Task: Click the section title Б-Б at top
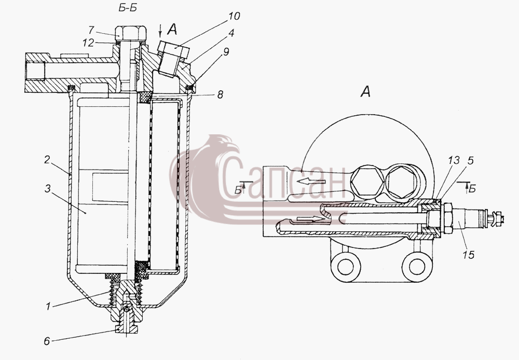click(x=128, y=8)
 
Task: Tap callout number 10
click(x=234, y=16)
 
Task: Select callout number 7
click(x=91, y=30)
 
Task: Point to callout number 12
click(x=88, y=43)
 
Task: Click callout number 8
click(x=220, y=95)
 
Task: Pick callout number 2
click(x=47, y=160)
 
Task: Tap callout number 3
click(x=48, y=189)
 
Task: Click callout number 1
click(x=48, y=307)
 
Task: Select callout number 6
click(x=47, y=341)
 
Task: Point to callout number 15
click(x=468, y=255)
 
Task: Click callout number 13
click(x=454, y=160)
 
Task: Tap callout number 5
click(x=471, y=160)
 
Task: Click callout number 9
click(x=226, y=52)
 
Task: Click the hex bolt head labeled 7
click(x=131, y=33)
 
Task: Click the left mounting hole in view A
click(x=346, y=266)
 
